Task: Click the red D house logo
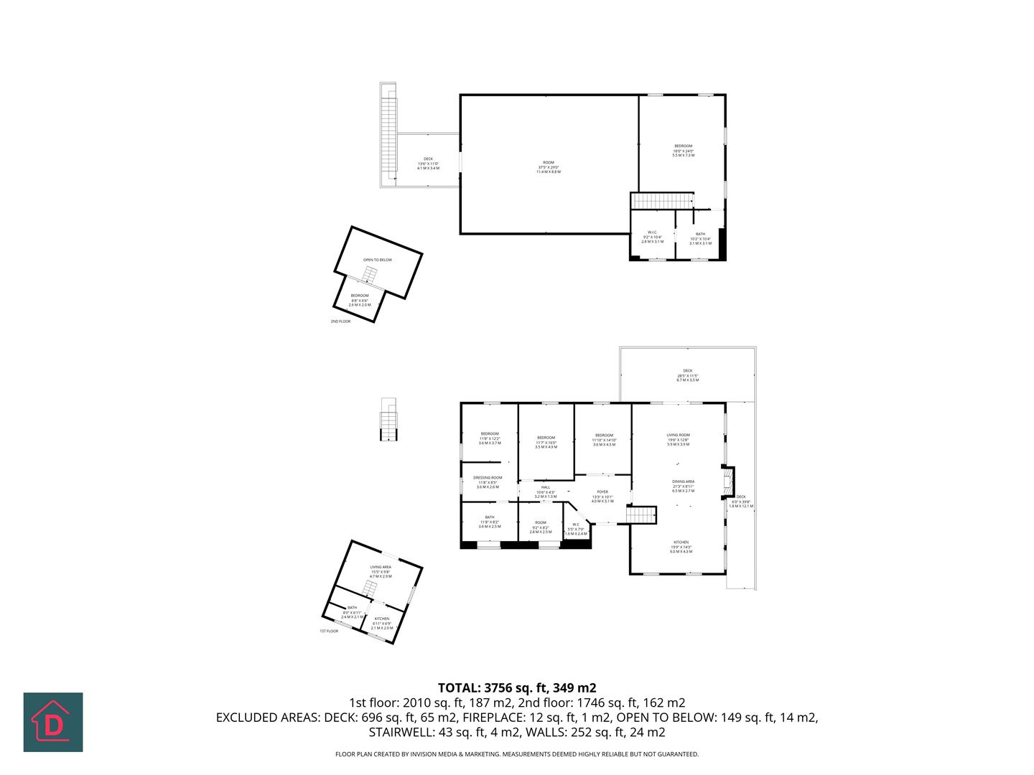tap(53, 722)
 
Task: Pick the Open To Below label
tap(377, 260)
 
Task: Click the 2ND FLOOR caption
tap(340, 321)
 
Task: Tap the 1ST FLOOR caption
tap(329, 631)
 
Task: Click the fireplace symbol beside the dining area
tap(729, 482)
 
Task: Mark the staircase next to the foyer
tap(642, 515)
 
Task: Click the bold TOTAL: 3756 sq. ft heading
tap(517, 687)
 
